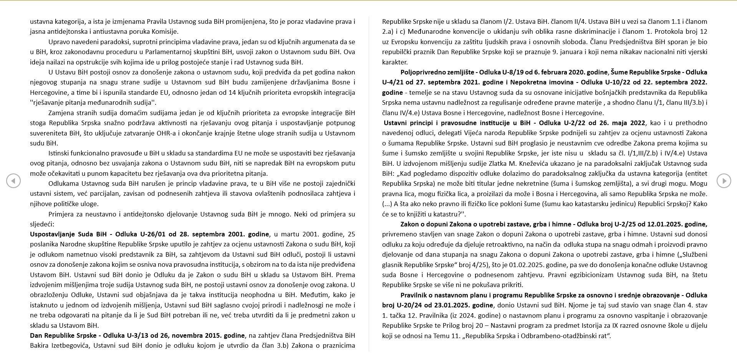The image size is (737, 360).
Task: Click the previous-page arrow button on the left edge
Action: (x=13, y=181)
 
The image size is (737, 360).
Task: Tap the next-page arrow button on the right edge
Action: (x=724, y=181)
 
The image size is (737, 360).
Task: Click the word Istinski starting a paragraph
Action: (x=60, y=153)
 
